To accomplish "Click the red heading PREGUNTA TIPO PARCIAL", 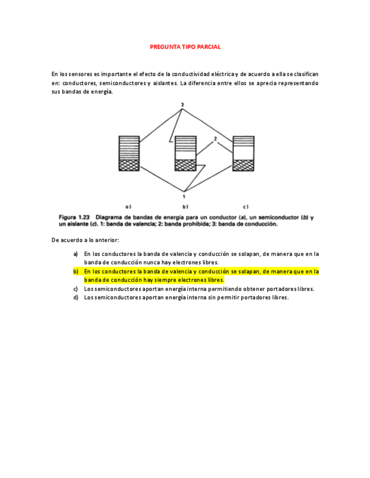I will (185, 47).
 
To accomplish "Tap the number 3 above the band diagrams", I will (182, 105).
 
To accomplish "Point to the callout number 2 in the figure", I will (216, 138).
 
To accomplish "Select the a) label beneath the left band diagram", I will (128, 207).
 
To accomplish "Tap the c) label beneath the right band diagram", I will (246, 207).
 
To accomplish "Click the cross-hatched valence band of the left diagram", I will (128, 165).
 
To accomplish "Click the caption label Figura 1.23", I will (75, 217).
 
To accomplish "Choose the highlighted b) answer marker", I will (76, 271).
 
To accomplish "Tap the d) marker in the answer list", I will (76, 298).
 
